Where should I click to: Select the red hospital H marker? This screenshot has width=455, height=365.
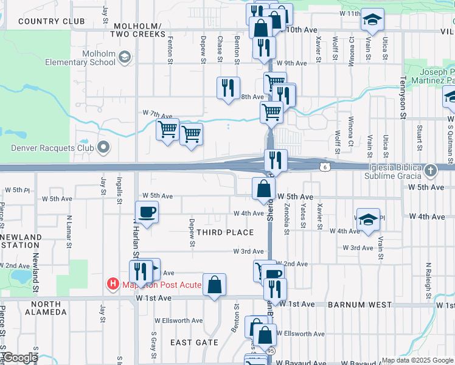tap(113, 283)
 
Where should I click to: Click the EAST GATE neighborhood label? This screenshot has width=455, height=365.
tap(194, 342)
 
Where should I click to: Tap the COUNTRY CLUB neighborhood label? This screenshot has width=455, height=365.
tap(51, 21)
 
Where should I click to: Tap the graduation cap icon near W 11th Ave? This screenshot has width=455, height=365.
tap(372, 21)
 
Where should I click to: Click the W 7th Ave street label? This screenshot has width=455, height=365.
tap(158, 114)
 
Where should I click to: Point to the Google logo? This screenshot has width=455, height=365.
tap(21, 358)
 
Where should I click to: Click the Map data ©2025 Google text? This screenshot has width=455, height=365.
tap(417, 360)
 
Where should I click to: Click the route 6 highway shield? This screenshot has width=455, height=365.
tap(327, 166)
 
